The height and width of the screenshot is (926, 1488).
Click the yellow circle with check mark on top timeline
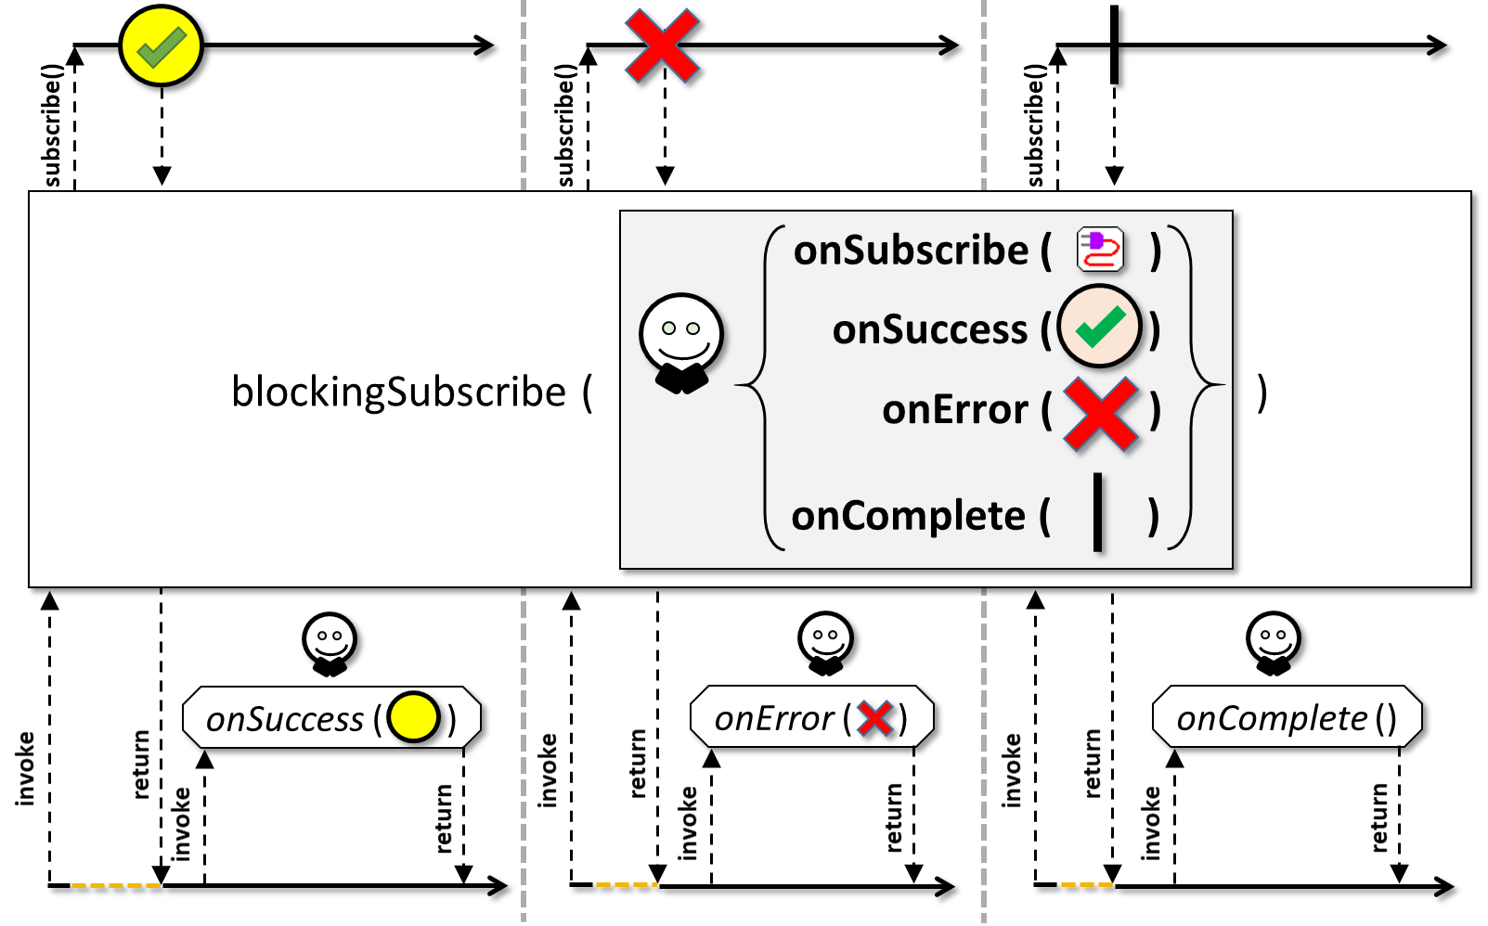[161, 45]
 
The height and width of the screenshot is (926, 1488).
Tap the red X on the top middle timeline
[662, 45]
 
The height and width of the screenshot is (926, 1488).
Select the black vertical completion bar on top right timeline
[1114, 45]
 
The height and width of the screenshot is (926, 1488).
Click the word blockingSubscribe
[398, 392]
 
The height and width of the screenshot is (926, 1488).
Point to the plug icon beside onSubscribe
[1100, 250]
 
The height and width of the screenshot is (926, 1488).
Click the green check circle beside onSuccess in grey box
[1099, 327]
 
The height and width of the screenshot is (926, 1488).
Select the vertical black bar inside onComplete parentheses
[1097, 512]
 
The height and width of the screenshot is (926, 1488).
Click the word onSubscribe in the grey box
[911, 251]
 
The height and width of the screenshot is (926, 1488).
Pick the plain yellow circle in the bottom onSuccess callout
[413, 717]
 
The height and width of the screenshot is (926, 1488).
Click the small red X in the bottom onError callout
[874, 718]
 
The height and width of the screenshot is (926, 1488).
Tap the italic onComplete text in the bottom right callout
[1272, 719]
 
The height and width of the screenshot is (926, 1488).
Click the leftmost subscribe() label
[51, 125]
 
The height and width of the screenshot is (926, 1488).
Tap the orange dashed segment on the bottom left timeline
[116, 885]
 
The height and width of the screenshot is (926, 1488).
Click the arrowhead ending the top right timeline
[1436, 45]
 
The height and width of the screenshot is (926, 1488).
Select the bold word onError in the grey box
[955, 409]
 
